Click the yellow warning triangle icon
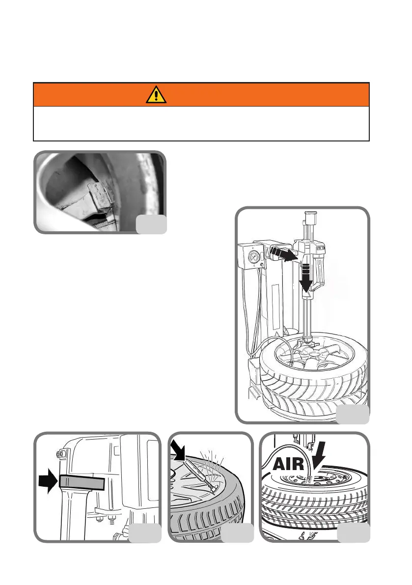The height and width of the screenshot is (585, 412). pos(156,94)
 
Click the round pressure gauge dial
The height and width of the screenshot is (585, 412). pos(254,257)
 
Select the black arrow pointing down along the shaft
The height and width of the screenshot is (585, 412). pos(305,278)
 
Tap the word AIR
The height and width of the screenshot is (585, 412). pos(288,464)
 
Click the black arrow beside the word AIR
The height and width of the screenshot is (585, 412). pos(318,456)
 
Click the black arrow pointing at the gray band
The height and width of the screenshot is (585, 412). pos(49,481)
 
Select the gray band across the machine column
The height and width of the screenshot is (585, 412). pos(82,482)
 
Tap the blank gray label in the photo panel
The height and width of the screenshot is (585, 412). pos(151,224)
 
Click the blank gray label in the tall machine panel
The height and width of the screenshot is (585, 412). pos(353,415)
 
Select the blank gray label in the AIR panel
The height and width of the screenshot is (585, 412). pos(354,532)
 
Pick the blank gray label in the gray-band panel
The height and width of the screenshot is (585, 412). pos(145,533)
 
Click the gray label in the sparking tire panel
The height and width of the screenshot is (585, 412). pos(238,533)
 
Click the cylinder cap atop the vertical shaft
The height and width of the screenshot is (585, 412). pos(310,217)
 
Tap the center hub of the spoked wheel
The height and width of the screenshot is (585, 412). pos(310,352)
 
